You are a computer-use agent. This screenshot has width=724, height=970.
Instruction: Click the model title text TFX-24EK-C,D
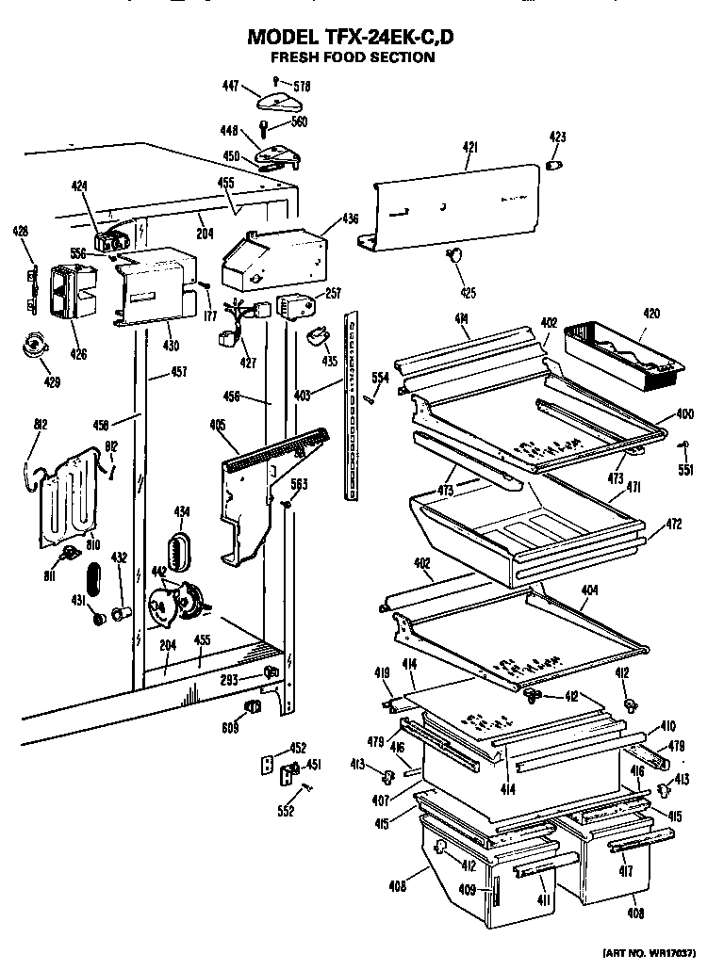(353, 38)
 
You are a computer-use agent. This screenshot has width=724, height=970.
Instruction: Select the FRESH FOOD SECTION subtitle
(353, 57)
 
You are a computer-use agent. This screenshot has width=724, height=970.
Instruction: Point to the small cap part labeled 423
(556, 165)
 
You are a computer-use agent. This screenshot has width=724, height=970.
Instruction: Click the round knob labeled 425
(455, 253)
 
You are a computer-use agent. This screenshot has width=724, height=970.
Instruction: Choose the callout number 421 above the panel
(469, 147)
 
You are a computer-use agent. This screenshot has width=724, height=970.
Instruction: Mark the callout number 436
(350, 219)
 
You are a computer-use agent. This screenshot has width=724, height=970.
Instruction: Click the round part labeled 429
(37, 348)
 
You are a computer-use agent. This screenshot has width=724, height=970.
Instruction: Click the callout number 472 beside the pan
(673, 524)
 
